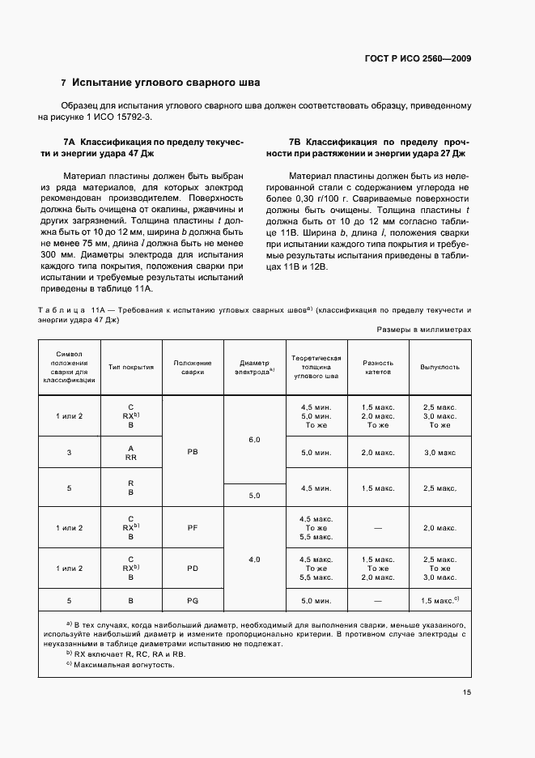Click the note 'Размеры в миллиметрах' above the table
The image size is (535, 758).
pos(424,330)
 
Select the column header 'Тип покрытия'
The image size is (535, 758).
pos(131,367)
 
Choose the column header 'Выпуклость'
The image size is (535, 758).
pos(439,367)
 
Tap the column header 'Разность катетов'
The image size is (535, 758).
pos(378,367)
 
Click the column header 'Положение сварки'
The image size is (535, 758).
pos(193,367)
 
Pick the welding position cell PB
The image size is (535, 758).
pos(193,451)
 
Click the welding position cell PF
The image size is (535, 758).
pos(193,527)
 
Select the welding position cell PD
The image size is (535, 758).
pos(193,568)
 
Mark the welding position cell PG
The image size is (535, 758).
pos(193,601)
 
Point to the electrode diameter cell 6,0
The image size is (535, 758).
pos(254,439)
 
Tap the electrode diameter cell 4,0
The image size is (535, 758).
pos(254,559)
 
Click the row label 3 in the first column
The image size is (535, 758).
pos(69,452)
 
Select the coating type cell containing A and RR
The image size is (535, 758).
pos(130,452)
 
